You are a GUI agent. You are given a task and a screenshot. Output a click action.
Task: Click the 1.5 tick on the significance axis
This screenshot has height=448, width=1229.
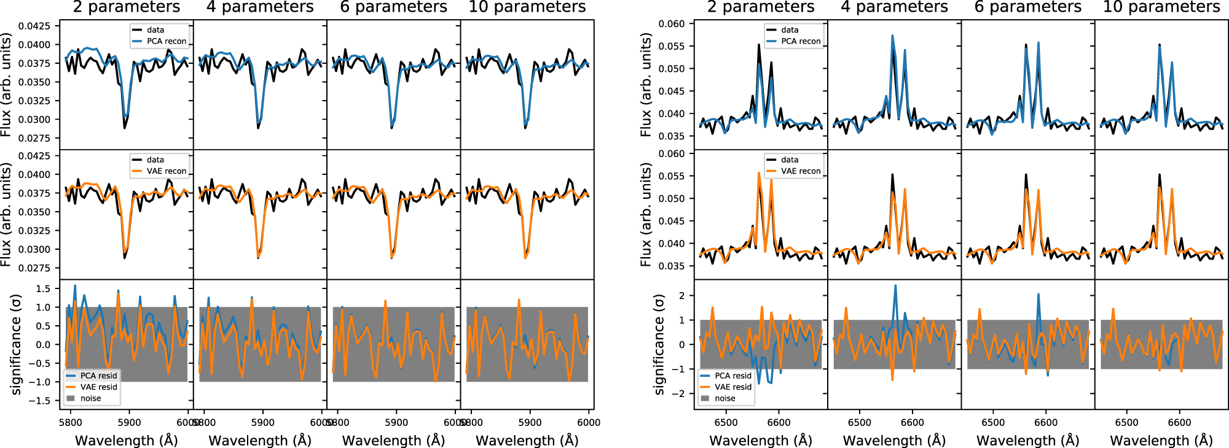coord(43,288)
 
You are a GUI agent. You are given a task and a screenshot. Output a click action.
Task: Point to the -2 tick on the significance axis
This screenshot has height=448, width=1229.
coord(678,393)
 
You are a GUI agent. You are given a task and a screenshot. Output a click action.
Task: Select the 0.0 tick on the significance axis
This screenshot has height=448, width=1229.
coord(43,344)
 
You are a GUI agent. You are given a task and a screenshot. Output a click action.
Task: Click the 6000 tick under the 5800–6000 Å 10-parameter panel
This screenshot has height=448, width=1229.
coord(589,422)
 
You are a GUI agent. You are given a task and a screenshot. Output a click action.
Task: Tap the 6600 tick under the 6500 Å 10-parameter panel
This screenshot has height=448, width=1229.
coord(1179,422)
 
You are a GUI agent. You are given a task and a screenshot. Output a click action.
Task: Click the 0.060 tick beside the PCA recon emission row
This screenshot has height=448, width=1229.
coord(672,24)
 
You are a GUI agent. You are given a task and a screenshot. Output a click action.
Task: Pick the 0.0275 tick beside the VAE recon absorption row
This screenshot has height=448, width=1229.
coord(34,268)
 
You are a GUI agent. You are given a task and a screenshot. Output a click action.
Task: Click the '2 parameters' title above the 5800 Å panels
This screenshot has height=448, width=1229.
coord(127,7)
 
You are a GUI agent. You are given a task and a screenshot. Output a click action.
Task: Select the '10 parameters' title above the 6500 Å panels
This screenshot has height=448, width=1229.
coord(1161,7)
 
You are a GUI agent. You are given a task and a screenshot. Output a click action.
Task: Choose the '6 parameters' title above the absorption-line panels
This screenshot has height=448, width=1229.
coord(394,7)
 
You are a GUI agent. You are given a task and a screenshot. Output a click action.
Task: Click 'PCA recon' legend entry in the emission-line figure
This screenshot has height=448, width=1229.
coord(800,41)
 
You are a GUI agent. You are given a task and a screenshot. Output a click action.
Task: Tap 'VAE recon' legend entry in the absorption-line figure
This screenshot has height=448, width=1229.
coord(166,171)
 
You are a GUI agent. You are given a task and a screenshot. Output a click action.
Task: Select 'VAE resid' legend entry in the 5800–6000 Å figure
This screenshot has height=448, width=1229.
coord(98,387)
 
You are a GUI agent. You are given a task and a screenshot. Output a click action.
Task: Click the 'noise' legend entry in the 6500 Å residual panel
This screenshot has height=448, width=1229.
coord(724,398)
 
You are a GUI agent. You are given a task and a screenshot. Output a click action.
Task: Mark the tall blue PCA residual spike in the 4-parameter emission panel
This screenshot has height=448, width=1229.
coord(895,286)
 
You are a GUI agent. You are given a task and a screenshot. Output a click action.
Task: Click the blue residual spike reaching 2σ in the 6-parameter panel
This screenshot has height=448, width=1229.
coord(1039,295)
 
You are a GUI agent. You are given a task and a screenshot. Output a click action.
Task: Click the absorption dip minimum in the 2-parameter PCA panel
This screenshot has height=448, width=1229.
coord(125,127)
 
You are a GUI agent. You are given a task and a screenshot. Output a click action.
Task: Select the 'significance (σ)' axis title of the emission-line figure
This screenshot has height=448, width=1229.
coord(659,344)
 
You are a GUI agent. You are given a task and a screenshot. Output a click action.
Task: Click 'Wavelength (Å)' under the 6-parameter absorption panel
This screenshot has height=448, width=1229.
coord(394,440)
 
